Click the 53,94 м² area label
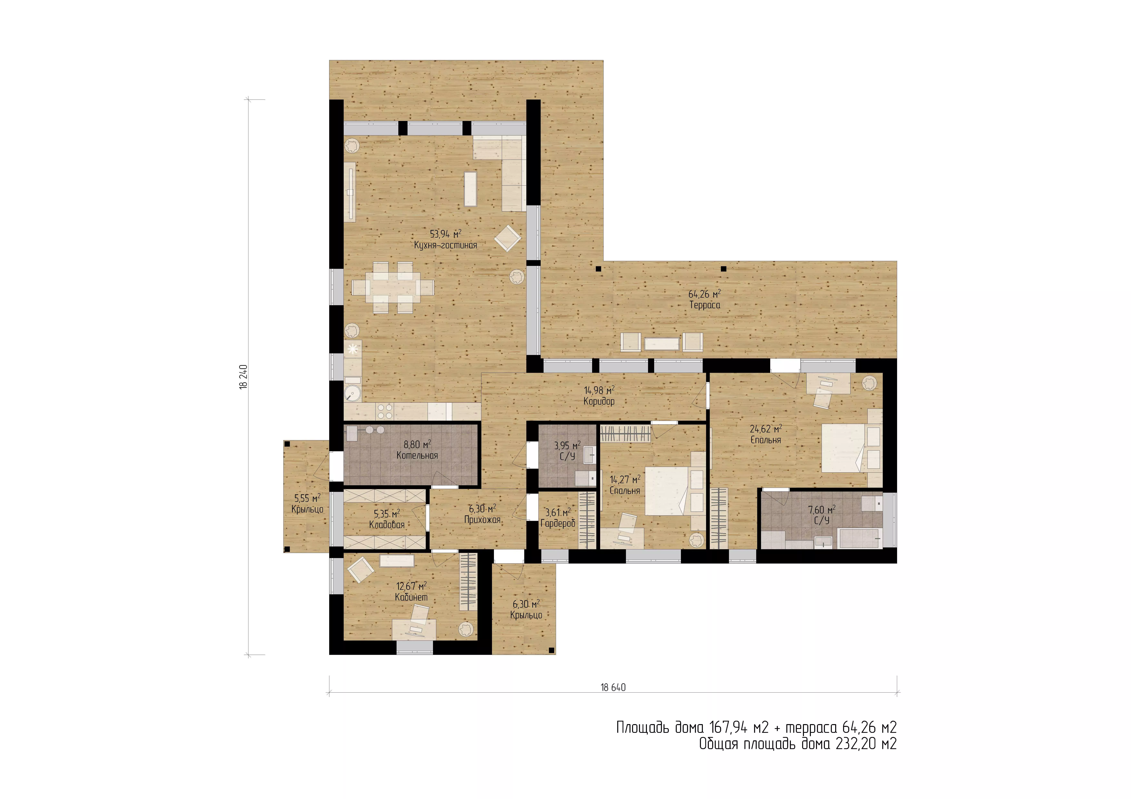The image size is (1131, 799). (x=445, y=234)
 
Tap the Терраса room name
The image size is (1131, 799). (x=704, y=305)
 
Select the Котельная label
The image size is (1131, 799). (x=417, y=455)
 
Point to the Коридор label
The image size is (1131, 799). (x=599, y=401)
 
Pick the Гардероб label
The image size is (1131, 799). (x=558, y=523)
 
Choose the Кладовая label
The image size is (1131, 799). (x=387, y=525)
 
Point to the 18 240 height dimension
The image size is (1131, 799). (x=243, y=377)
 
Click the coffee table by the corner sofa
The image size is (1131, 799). (x=470, y=189)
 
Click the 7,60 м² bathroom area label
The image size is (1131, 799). (x=822, y=510)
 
